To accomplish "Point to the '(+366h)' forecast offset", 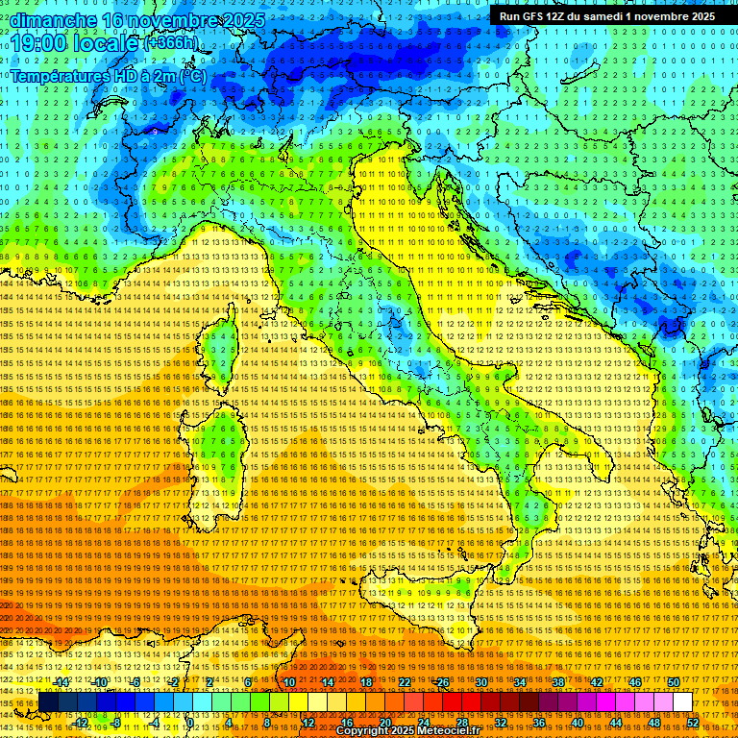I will tap(174, 43).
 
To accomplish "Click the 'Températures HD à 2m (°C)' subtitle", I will tap(109, 75).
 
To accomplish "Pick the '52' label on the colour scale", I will tap(693, 722).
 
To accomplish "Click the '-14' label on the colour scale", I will tap(61, 682).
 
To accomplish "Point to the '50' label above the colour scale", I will tap(674, 682).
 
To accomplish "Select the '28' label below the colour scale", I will tap(461, 722).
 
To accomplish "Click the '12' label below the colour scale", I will tap(308, 722).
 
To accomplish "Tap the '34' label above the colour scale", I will tap(520, 682).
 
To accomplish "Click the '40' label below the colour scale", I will tap(577, 722).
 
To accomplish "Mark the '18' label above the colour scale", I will tap(366, 682).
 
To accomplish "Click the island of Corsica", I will tap(220, 347).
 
